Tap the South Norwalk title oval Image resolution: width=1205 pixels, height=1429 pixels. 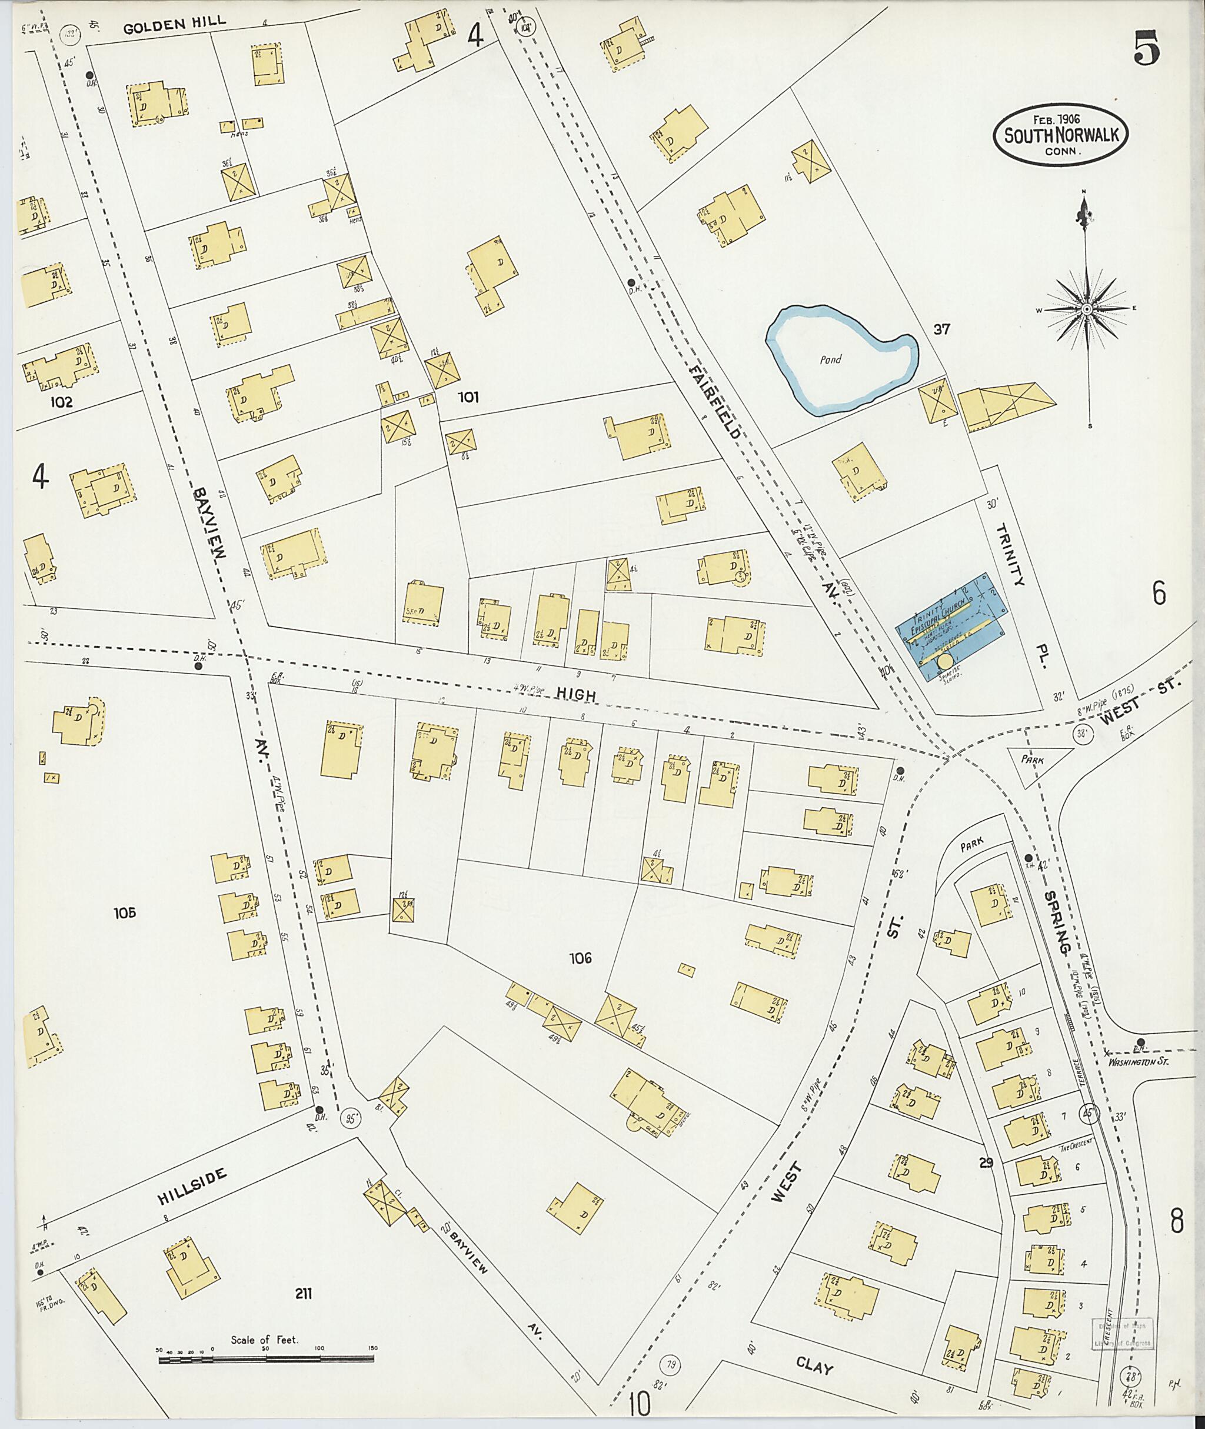tap(1060, 135)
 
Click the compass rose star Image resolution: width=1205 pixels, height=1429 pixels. tap(1086, 309)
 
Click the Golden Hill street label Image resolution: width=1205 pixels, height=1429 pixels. tap(175, 26)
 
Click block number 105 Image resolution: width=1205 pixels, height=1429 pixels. tap(126, 912)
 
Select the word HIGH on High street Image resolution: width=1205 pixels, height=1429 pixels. tap(575, 695)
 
